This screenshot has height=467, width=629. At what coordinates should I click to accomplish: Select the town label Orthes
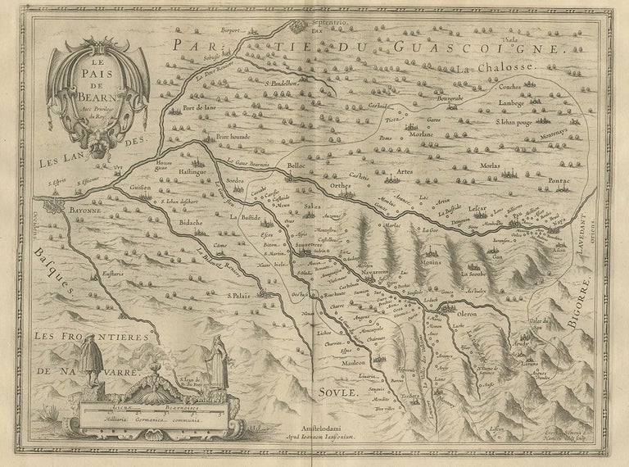click(x=340, y=184)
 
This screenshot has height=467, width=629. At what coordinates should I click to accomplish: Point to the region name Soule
click(x=337, y=392)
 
